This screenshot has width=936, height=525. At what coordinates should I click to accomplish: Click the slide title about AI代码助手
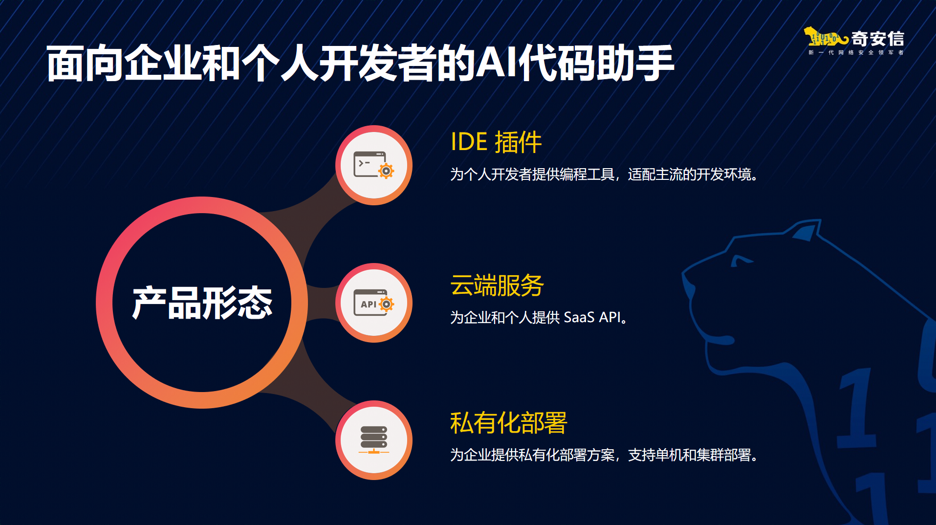[360, 64]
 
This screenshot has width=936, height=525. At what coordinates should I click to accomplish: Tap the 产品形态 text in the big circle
[202, 303]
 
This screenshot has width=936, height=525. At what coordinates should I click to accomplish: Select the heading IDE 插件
[496, 142]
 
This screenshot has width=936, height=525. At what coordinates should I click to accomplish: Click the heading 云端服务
[497, 285]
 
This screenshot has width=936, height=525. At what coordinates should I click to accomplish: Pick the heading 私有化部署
[508, 423]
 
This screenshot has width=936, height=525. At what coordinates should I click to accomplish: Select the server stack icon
[374, 440]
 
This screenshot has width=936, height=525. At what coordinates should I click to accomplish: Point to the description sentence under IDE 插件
[604, 175]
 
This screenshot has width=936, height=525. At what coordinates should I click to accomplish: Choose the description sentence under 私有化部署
[604, 455]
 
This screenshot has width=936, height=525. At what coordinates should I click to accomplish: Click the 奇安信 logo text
[877, 39]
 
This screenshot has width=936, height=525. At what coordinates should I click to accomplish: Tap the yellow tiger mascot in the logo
[825, 37]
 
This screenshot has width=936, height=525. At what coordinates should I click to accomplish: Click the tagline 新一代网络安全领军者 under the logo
[856, 52]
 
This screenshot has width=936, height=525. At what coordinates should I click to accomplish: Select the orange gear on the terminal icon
[386, 171]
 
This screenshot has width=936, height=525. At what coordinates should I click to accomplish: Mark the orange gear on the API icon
[386, 304]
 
